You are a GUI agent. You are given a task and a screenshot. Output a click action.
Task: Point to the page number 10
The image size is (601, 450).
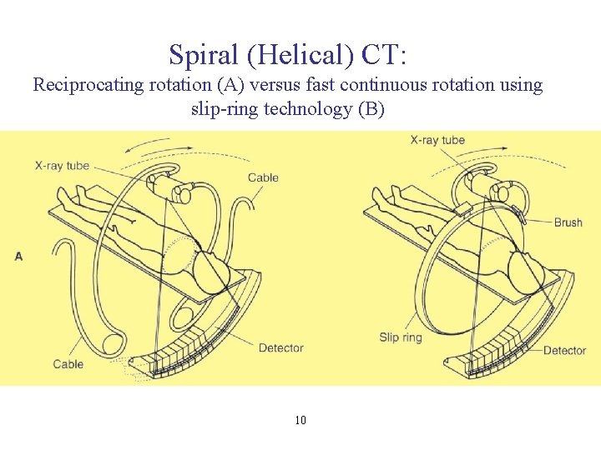pos(300,420)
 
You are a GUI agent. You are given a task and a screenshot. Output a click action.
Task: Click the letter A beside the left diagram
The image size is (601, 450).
pos(18,256)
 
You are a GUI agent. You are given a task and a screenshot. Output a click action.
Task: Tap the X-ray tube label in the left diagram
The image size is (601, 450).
pos(62,166)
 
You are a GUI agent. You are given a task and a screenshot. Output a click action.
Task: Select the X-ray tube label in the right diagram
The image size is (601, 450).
pos(437,140)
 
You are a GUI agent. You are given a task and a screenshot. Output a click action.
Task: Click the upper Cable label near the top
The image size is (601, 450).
pos(263,177)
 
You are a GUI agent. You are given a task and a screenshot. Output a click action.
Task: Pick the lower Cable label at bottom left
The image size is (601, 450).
pos(68,363)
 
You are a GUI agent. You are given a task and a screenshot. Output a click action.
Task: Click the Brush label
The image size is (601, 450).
pos(568,222)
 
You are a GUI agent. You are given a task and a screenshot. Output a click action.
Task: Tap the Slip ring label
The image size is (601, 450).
pos(401,337)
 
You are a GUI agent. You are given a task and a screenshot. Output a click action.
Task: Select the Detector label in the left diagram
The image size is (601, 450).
pos(280,347)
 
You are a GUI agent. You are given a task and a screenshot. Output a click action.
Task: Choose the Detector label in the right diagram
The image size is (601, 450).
pos(564,351)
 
